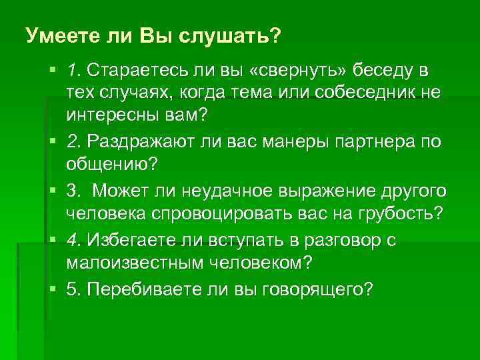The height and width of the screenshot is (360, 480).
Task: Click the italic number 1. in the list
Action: [73, 70]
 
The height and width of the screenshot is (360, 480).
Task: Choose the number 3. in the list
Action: [73, 190]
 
